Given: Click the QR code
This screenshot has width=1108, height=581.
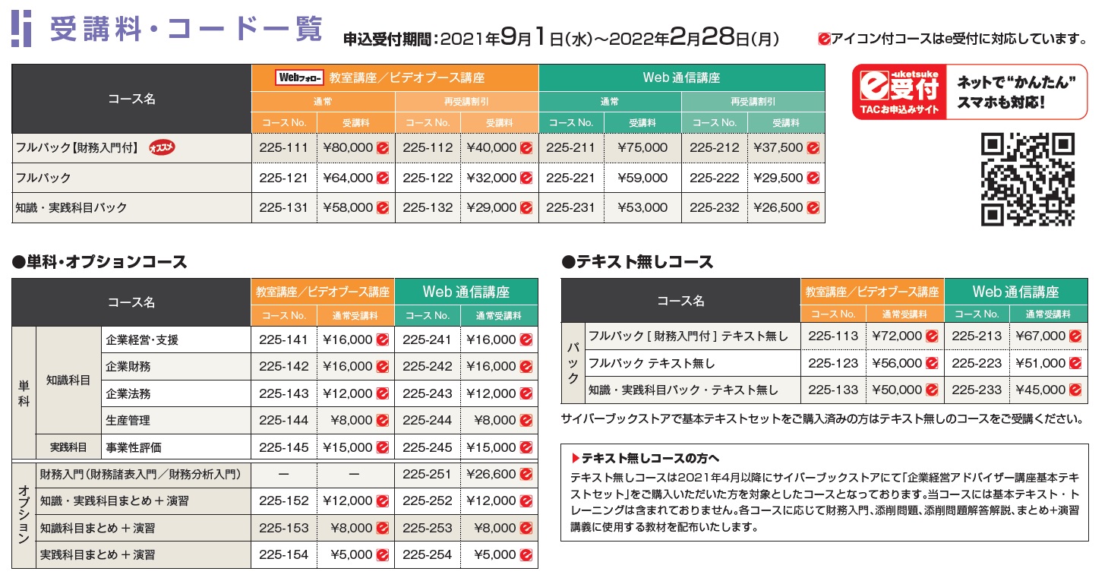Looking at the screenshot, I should pos(1028,179).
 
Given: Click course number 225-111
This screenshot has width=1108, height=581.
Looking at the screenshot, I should pos(283,148).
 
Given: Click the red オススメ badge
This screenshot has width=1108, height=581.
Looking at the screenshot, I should pos(161,148).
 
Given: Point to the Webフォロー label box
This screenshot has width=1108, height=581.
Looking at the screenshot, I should pos(301,77).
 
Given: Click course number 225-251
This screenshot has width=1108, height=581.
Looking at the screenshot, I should pos(427,474).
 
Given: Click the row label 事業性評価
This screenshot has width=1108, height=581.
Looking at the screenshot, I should pos(134,447).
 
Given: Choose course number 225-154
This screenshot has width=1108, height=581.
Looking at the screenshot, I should pos(283,554).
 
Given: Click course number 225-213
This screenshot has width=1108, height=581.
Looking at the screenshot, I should pos(977,336).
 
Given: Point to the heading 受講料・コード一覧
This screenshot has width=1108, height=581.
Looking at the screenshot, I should pos(186,30).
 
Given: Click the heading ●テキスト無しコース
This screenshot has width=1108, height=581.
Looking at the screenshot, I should pos(637,263).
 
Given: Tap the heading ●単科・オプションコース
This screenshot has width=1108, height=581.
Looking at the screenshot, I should pos(99,263).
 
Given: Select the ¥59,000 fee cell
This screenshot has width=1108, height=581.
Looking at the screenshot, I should pos(642,178).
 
